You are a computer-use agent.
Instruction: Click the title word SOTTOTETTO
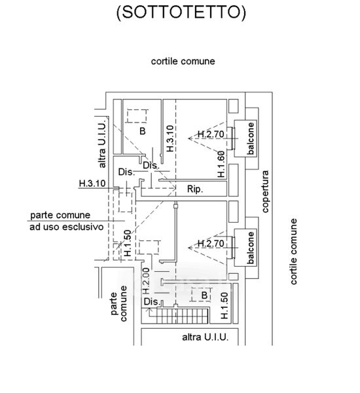(181, 12)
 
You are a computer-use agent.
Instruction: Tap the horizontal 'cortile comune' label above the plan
(183, 62)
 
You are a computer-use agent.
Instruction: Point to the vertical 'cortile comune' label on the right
(294, 252)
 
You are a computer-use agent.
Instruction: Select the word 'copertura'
(265, 191)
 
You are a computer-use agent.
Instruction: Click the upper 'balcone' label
(251, 138)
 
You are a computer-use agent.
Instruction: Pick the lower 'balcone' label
(251, 248)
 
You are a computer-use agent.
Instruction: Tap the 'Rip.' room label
(195, 189)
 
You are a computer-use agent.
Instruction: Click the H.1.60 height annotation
(221, 164)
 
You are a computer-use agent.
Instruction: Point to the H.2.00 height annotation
(146, 281)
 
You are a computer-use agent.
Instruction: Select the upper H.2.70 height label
(211, 134)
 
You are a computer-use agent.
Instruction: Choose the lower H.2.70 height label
(211, 243)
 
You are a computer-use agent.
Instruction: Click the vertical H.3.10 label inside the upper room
(170, 138)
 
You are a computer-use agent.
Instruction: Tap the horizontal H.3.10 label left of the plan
(92, 183)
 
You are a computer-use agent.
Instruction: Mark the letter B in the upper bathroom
(143, 131)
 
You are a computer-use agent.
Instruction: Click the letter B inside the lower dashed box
(204, 295)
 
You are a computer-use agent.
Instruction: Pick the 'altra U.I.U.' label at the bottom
(205, 337)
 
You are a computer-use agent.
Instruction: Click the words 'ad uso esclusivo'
(66, 227)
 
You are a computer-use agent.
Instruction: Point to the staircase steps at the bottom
(183, 316)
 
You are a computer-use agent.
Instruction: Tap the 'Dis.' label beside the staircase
(152, 302)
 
